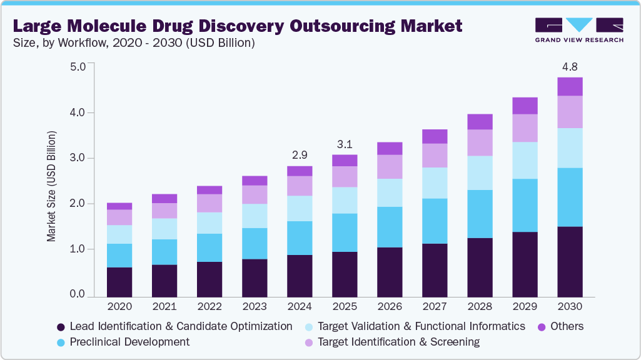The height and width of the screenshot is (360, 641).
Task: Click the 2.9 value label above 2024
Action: tap(300, 154)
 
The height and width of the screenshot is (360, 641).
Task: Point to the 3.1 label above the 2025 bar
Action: tap(345, 144)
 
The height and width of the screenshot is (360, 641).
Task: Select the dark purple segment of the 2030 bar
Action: tap(570, 261)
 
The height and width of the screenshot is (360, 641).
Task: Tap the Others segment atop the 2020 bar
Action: tap(119, 206)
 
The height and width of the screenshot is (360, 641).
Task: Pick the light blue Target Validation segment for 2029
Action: tap(525, 161)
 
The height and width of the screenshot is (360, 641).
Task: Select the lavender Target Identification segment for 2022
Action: tap(209, 203)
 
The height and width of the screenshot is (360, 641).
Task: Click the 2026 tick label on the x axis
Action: tap(390, 307)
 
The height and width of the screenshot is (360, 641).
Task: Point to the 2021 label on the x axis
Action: tap(164, 307)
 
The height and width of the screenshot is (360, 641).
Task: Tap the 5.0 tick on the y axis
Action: tap(78, 66)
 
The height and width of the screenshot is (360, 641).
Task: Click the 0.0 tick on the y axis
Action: tap(78, 294)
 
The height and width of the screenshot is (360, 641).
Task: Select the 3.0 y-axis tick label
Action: tap(78, 157)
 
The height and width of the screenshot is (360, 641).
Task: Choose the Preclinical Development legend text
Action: tap(129, 342)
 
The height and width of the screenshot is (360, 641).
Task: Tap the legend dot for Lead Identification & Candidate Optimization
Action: tap(61, 327)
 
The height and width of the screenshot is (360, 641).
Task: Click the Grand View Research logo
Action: tap(579, 29)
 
